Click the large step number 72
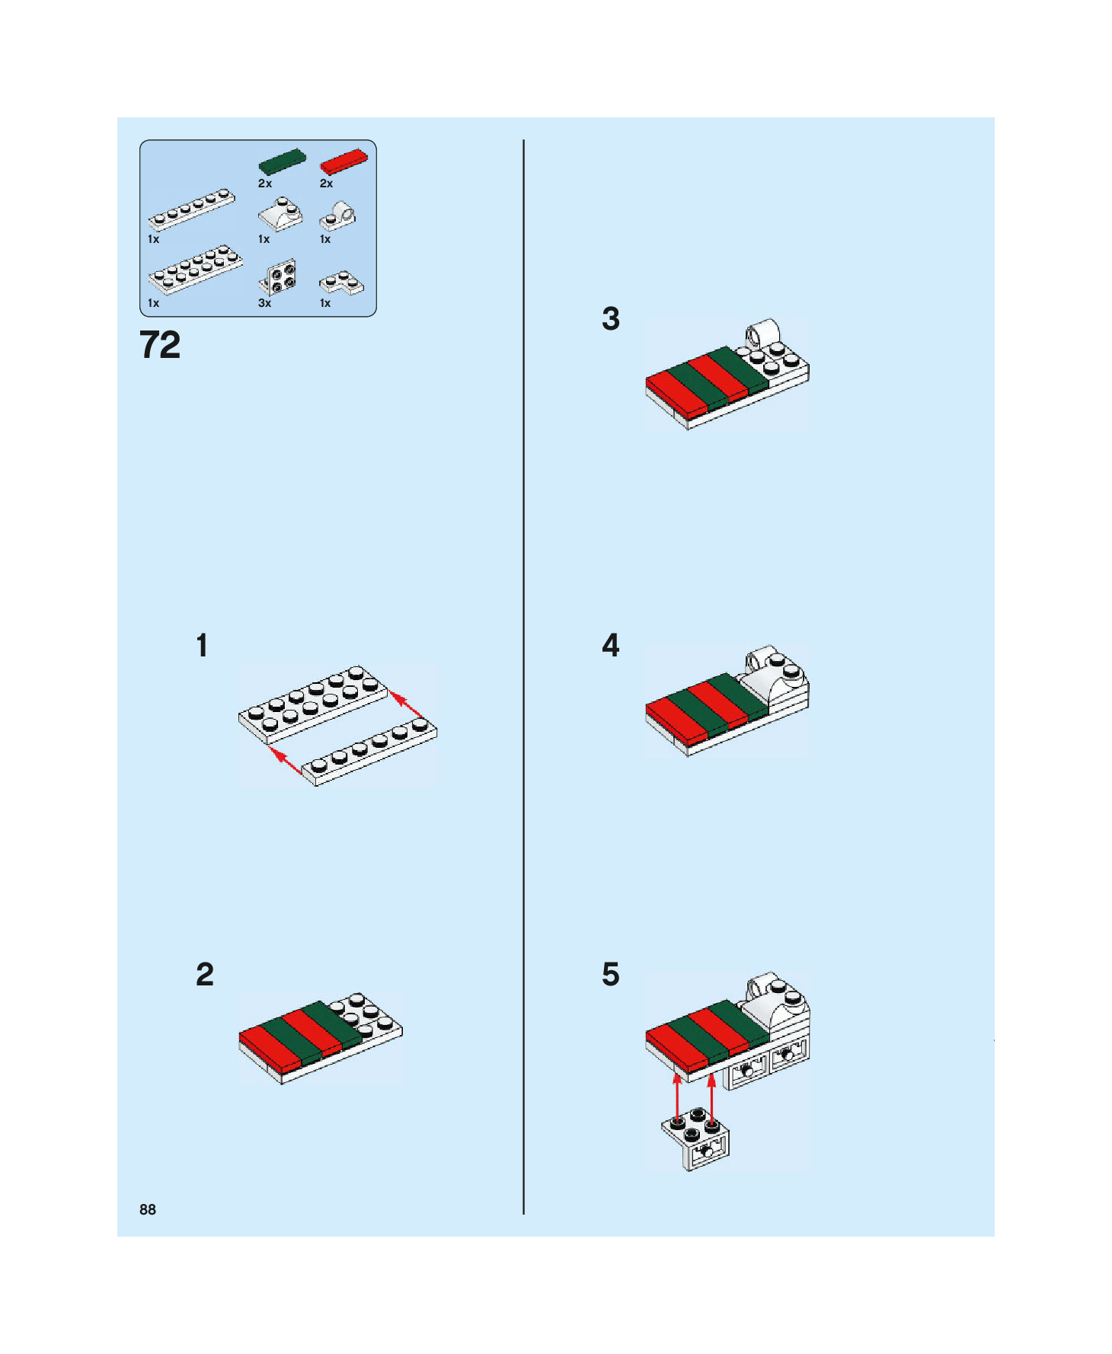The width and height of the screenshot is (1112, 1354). (160, 345)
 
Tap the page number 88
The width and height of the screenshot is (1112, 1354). (148, 1209)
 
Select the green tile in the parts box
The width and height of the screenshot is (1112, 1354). (282, 162)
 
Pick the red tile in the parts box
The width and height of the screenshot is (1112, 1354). (344, 161)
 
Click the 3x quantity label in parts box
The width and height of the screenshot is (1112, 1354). (265, 303)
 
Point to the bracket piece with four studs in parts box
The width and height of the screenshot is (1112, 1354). (278, 277)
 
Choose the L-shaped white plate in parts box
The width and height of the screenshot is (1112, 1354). (341, 283)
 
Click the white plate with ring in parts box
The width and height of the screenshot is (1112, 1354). (337, 217)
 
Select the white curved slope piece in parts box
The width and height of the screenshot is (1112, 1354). (280, 214)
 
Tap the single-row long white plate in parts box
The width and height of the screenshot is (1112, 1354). (192, 209)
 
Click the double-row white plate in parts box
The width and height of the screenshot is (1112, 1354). (196, 269)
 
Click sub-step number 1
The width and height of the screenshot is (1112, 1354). (202, 645)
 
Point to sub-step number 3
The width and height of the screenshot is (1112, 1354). (611, 318)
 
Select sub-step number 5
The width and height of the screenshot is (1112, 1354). (611, 975)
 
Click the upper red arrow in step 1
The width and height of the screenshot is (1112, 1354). (407, 704)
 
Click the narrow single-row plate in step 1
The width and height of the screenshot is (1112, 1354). (370, 752)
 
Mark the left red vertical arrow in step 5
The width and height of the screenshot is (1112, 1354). (677, 1097)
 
